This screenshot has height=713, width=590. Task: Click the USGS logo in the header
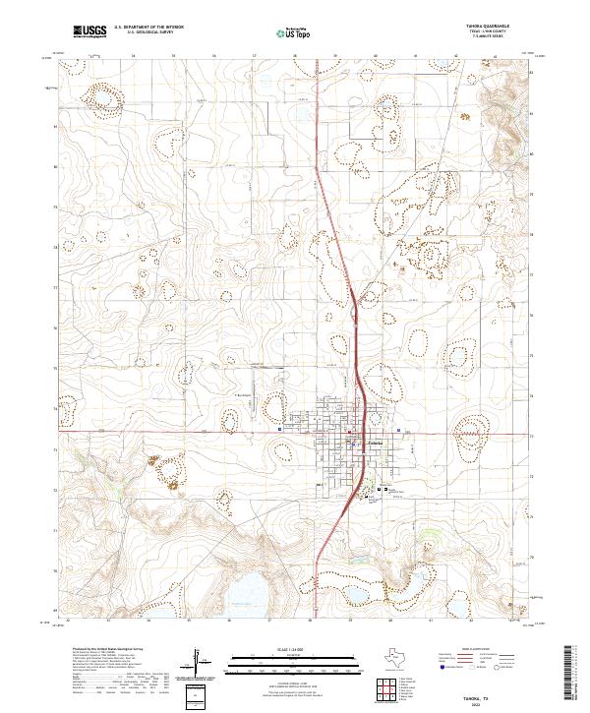[x=89, y=30]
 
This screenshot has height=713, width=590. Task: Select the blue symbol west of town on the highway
[x=281, y=430]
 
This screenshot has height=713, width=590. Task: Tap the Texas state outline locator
[x=406, y=660]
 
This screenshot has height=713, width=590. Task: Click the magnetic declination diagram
[x=202, y=666]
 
